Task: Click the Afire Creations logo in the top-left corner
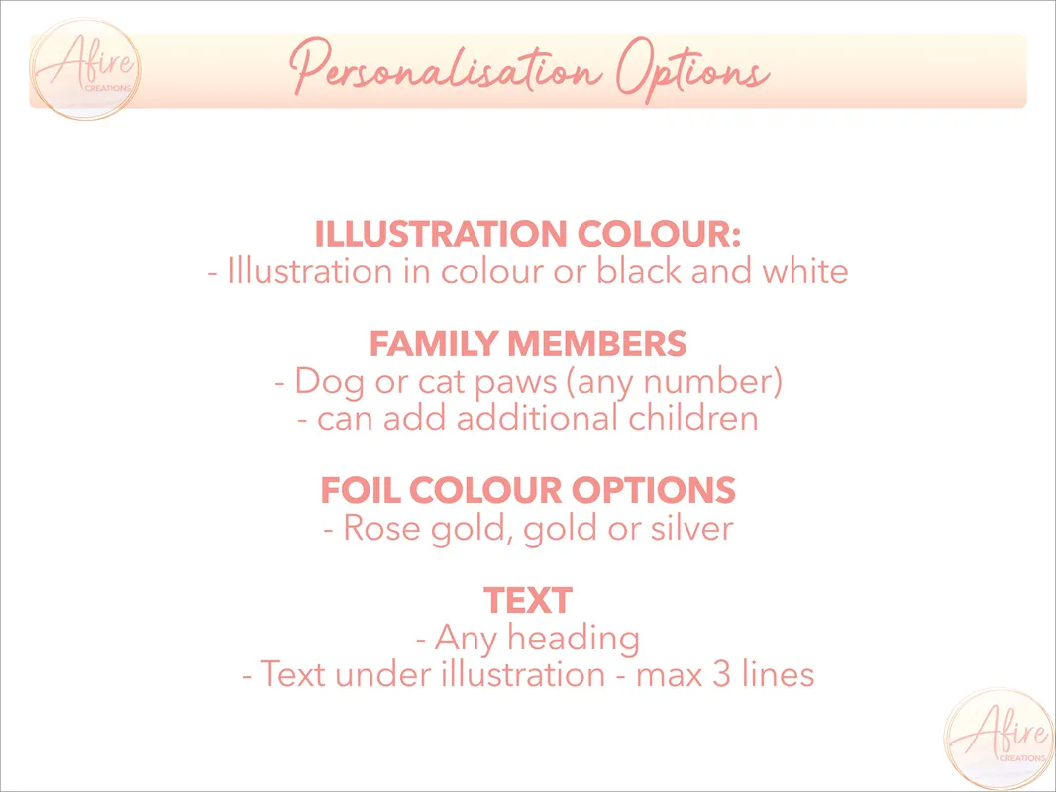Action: (x=85, y=69)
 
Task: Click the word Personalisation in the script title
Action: (x=446, y=70)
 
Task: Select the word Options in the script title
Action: (x=693, y=70)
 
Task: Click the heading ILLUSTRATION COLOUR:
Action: (x=528, y=234)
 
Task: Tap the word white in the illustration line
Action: (x=804, y=271)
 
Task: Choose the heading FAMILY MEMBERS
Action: (x=528, y=344)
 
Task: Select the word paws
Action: (x=516, y=383)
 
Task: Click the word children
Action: (x=693, y=418)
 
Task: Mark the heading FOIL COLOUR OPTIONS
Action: (x=528, y=489)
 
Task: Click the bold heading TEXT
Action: (x=528, y=600)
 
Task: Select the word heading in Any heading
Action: (x=574, y=638)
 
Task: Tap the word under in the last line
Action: (x=381, y=674)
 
